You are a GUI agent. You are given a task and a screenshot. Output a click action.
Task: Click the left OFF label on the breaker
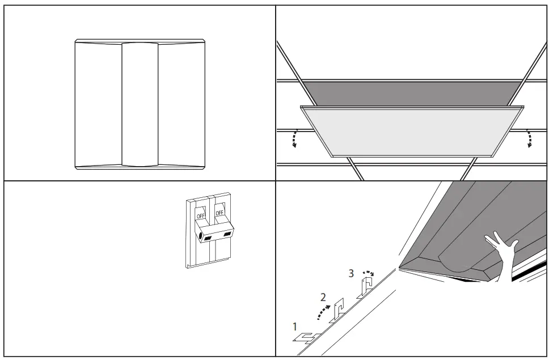click(x=200, y=216)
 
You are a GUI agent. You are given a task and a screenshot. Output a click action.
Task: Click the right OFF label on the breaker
click(x=219, y=213)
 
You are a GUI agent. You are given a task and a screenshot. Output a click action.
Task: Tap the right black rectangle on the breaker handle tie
click(x=227, y=234)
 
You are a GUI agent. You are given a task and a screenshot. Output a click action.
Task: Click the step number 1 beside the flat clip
click(x=294, y=327)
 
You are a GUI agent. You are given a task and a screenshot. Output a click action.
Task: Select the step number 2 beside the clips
click(x=323, y=297)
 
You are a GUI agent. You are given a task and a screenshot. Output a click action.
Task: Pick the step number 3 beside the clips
click(x=351, y=273)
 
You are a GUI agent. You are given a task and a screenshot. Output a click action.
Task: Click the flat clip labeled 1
click(x=307, y=337)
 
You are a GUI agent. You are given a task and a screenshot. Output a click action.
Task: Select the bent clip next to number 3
click(x=366, y=287)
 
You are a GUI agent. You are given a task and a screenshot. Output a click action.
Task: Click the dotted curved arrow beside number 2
click(x=322, y=309)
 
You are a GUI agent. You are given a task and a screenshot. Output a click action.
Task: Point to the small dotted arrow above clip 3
click(x=368, y=273)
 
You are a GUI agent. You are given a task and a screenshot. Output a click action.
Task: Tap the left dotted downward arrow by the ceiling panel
click(x=294, y=138)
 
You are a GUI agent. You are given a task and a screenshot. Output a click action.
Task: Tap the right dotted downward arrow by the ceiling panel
click(x=530, y=138)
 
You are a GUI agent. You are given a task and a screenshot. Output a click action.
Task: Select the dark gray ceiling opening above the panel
click(x=411, y=91)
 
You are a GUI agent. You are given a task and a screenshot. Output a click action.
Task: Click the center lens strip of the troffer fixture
click(x=140, y=105)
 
